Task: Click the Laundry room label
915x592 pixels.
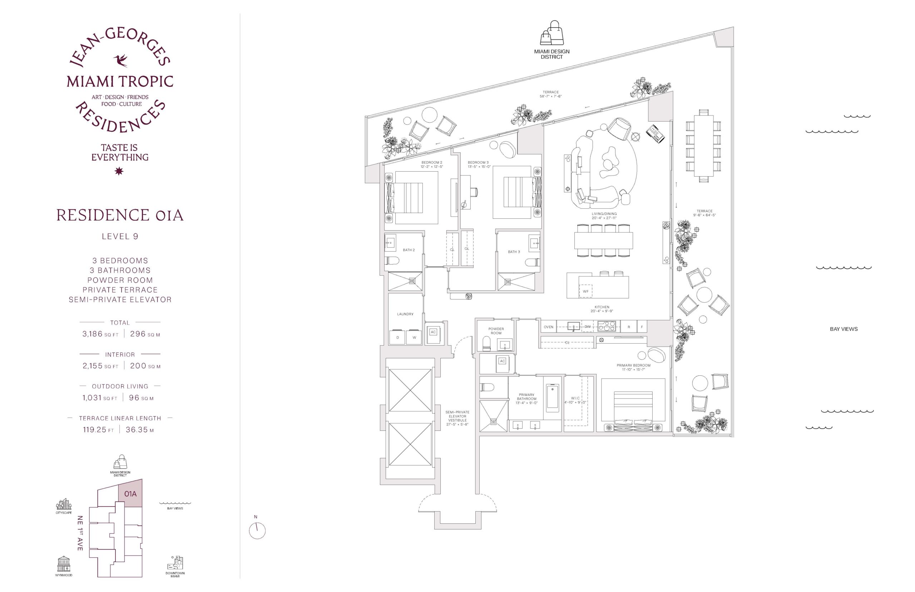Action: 405,314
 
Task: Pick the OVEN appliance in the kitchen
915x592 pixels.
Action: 548,327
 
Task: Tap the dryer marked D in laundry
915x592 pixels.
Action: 398,337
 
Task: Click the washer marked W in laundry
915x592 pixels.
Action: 414,337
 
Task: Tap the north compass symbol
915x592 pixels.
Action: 257,531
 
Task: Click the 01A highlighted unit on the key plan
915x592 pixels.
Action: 130,494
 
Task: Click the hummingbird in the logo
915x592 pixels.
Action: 120,61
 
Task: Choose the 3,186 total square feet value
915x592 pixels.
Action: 93,334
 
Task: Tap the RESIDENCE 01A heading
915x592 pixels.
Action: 120,215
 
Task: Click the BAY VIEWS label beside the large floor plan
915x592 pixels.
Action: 844,329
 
